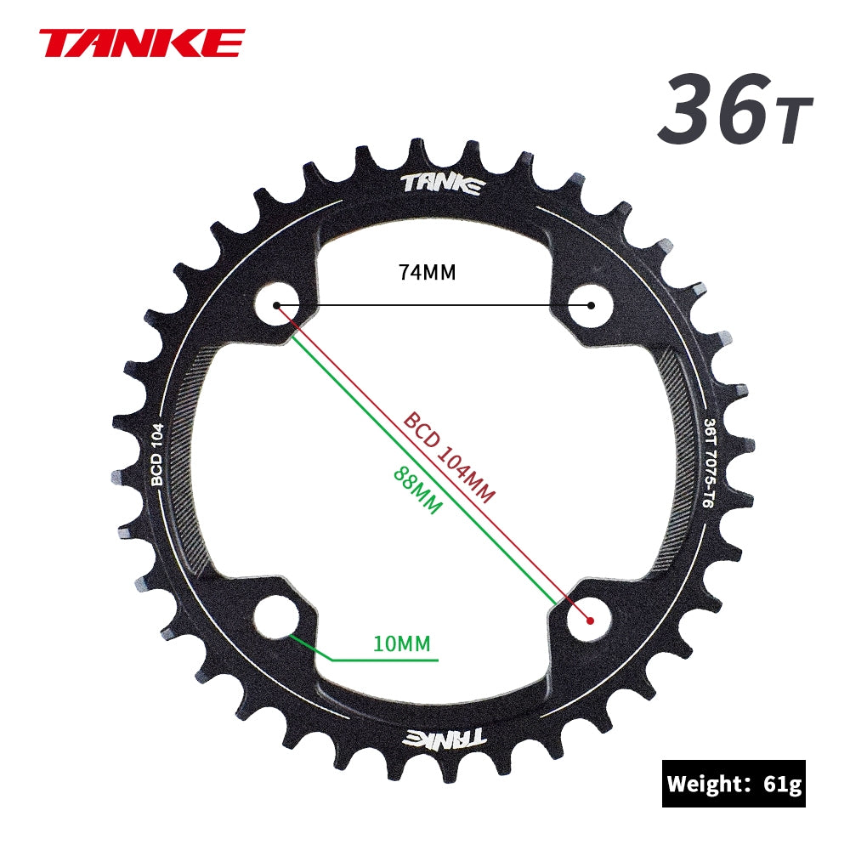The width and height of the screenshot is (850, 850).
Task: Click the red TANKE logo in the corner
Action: pyautogui.click(x=141, y=42)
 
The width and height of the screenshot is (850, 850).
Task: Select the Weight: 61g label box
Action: pyautogui.click(x=734, y=783)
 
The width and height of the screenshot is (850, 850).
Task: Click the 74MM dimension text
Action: pyautogui.click(x=427, y=273)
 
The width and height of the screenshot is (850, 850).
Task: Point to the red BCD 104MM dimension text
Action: pyautogui.click(x=449, y=458)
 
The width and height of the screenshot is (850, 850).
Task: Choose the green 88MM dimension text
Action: pyautogui.click(x=417, y=490)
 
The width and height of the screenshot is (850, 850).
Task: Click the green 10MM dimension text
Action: pyautogui.click(x=402, y=643)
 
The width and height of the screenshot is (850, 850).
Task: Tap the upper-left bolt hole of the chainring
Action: pyautogui.click(x=277, y=304)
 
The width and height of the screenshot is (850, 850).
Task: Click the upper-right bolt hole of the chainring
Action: pyautogui.click(x=590, y=304)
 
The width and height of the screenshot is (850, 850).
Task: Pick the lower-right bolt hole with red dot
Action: pyautogui.click(x=590, y=618)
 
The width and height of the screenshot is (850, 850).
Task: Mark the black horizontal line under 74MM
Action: pyautogui.click(x=433, y=304)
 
